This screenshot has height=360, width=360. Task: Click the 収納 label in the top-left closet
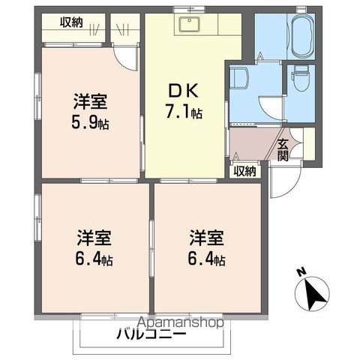point(73,22)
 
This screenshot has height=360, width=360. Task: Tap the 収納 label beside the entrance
point(244,171)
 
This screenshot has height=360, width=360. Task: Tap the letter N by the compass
point(301,271)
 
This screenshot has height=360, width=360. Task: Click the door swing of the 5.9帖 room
point(128,56)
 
